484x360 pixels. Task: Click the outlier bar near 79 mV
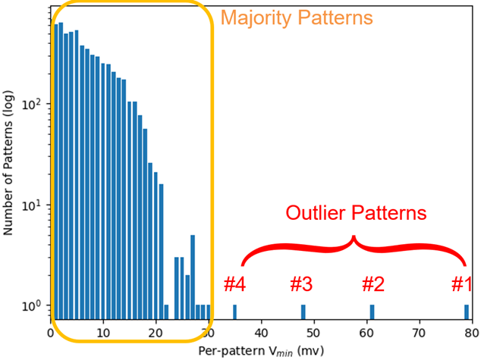467,312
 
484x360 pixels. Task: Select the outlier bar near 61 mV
372,312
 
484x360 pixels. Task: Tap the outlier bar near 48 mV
303,312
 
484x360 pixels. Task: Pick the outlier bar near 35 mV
234,312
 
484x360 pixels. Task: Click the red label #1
462,285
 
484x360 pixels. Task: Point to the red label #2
372,285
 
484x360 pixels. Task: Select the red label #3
301,285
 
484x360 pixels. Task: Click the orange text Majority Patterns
297,17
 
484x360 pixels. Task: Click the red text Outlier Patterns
356,213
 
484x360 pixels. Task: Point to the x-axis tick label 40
261,333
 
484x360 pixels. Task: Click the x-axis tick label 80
471,333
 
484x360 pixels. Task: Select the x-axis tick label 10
103,333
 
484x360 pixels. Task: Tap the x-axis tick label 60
366,333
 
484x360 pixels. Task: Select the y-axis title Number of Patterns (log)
9,162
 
